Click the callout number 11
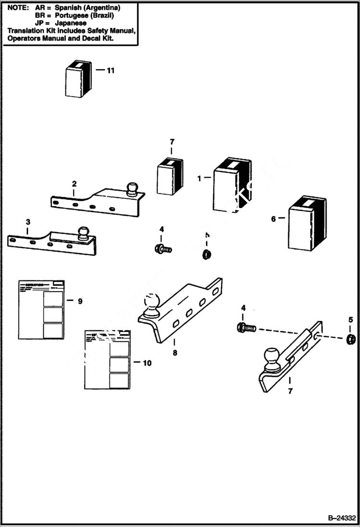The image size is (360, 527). click(111, 71)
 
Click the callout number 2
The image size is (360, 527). click(74, 184)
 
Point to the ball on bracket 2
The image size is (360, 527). click(132, 188)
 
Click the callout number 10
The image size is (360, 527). click(147, 363)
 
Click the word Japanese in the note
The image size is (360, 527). click(70, 23)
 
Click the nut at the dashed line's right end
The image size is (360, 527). click(351, 339)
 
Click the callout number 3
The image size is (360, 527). click(28, 222)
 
